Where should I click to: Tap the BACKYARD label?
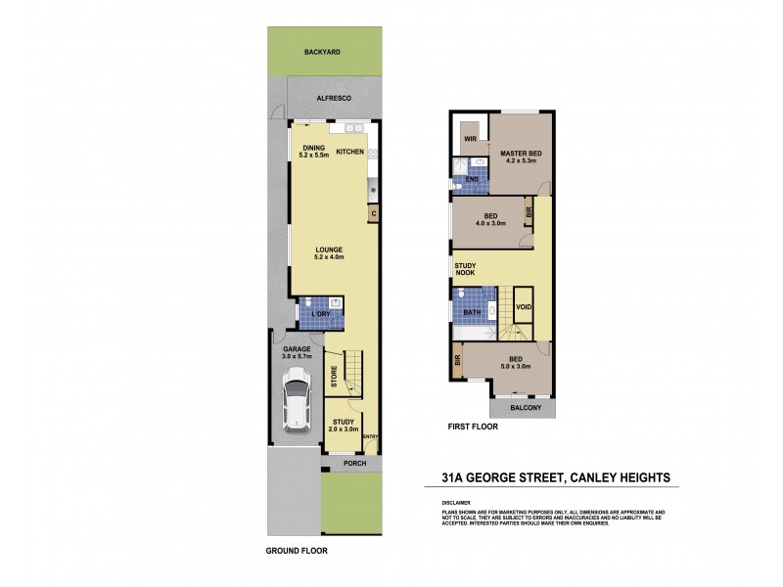[321, 51]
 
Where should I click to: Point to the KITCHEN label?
[349, 152]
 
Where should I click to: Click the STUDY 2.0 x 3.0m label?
[343, 425]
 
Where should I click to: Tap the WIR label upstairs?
[470, 140]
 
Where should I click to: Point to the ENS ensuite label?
[472, 180]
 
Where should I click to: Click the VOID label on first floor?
[524, 307]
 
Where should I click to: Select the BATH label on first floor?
[471, 313]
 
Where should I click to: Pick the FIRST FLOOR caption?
[472, 428]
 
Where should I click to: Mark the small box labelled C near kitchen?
[374, 213]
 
